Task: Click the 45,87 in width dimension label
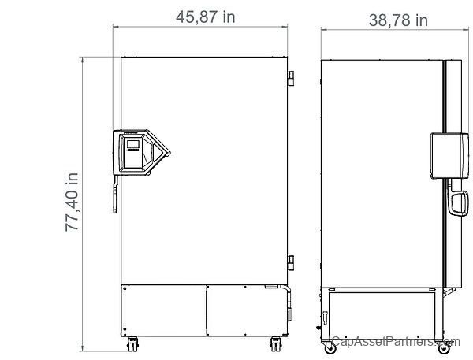pyautogui.click(x=206, y=17)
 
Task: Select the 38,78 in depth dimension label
pyautogui.click(x=398, y=20)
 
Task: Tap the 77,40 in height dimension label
pyautogui.click(x=72, y=202)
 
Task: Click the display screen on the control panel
pyautogui.click(x=133, y=144)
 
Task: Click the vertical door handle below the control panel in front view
pyautogui.click(x=116, y=194)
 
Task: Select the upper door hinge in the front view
pyautogui.click(x=291, y=78)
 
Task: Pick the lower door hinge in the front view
pyautogui.click(x=291, y=262)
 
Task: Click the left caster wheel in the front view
pyautogui.click(x=132, y=344)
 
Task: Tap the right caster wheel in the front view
pyautogui.click(x=276, y=344)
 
